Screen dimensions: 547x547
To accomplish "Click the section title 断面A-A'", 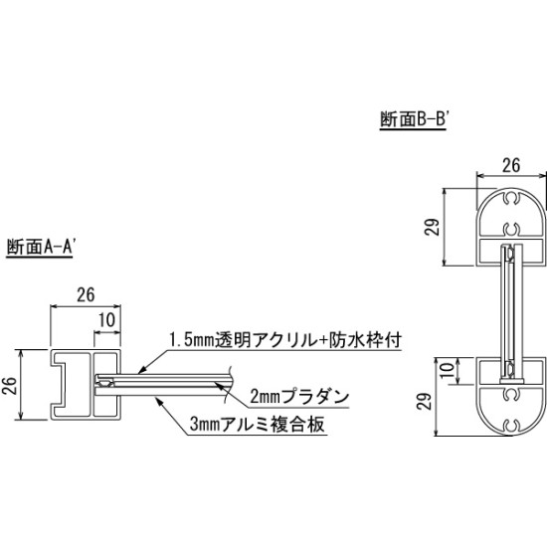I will [42, 250].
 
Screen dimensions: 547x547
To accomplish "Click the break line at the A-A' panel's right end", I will [231, 379].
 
